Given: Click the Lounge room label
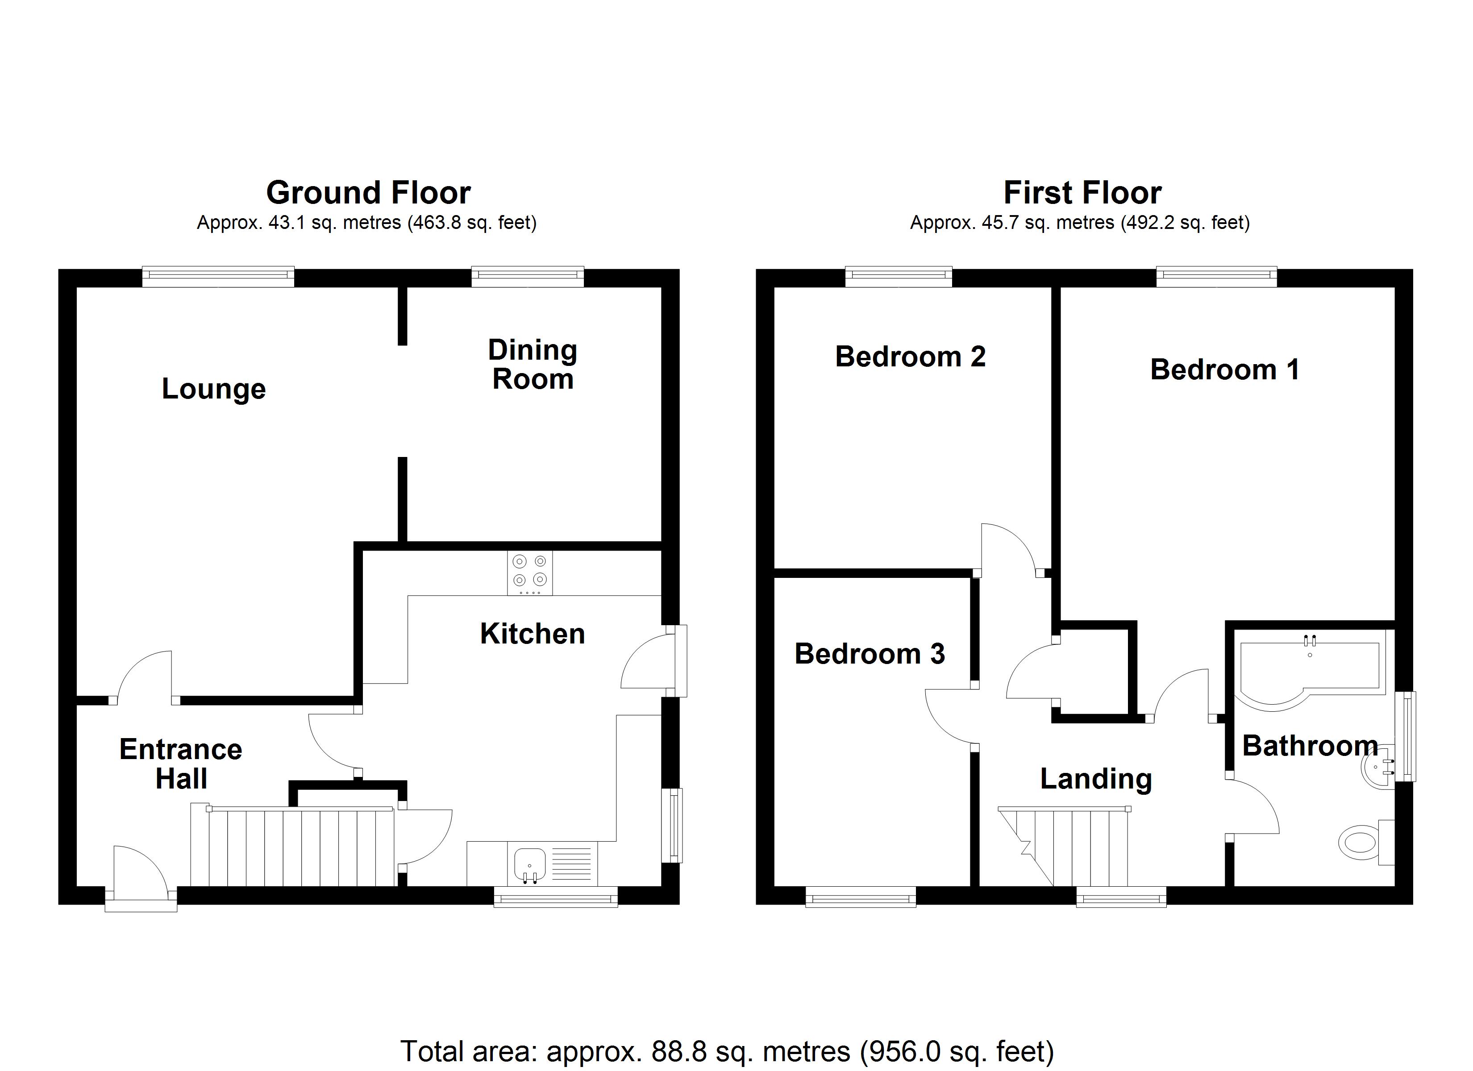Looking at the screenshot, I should point(214,389).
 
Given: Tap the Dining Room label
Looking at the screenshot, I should point(533,365).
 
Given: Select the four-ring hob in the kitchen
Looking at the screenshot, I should point(530,572).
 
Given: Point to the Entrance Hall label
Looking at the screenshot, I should point(180,764).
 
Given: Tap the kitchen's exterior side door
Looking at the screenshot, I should point(646,663).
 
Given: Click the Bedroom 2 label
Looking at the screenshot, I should point(910,357).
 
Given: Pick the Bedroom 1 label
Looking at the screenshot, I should point(1225,369).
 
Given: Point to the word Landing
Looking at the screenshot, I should point(1096,779).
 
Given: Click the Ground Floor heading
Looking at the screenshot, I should point(368,193).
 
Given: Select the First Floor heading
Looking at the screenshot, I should point(1082,193).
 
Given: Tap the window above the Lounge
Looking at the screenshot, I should point(218,277).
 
